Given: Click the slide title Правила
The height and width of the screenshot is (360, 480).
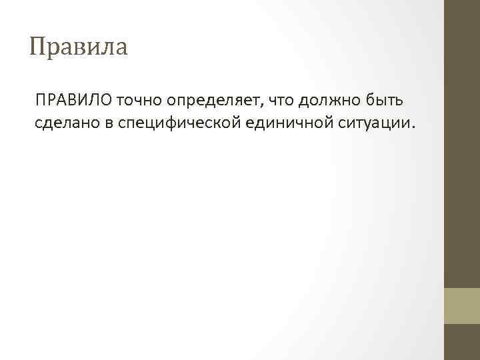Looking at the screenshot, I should (79, 47).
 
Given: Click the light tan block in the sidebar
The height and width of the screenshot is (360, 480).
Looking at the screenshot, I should (462, 305).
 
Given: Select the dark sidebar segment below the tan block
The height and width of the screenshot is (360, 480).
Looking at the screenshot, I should (462, 342).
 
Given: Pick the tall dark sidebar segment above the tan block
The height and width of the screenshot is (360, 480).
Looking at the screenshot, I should (462, 143).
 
